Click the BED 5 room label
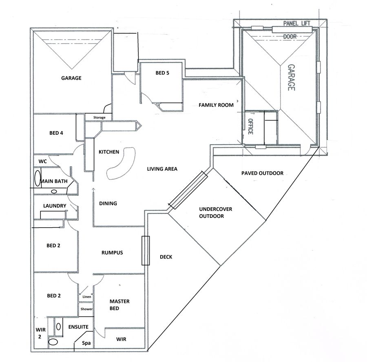(162, 73)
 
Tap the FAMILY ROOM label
(216, 105)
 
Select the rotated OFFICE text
(250, 126)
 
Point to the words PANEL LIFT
(297, 23)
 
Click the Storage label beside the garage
(99, 118)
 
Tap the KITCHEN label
(109, 152)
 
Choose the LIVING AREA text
(162, 169)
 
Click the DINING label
(108, 204)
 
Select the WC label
(42, 162)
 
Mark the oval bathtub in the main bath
(38, 178)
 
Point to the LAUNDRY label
(55, 206)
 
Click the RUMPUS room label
(112, 252)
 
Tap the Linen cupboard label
(86, 297)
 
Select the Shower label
(86, 309)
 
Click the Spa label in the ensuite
(86, 343)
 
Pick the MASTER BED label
(119, 305)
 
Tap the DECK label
(166, 257)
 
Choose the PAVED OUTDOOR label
(262, 173)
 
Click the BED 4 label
(56, 133)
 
